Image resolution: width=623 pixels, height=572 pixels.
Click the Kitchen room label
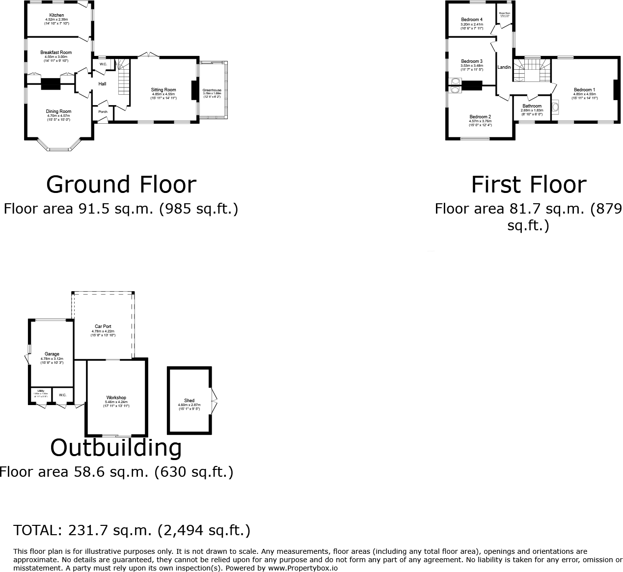(56, 15)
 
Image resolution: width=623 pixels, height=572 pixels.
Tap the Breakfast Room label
(56, 53)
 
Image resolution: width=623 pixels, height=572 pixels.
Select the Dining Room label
(58, 111)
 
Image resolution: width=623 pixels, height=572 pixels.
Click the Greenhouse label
(212, 90)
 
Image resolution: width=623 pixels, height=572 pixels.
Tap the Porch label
(103, 111)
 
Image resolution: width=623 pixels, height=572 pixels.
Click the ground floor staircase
(124, 81)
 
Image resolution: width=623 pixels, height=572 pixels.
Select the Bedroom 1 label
(584, 90)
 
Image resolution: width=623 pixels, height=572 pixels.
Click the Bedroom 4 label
(471, 20)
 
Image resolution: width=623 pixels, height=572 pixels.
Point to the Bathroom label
(532, 106)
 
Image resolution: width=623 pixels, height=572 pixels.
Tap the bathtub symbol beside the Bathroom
(555, 107)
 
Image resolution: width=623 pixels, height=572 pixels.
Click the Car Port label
(103, 327)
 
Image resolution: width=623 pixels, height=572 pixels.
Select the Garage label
(52, 354)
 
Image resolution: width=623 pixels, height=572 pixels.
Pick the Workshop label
(116, 398)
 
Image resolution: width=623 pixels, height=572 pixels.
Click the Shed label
(189, 401)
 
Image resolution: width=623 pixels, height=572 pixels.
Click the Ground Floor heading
(121, 185)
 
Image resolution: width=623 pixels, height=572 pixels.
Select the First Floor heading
(528, 185)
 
